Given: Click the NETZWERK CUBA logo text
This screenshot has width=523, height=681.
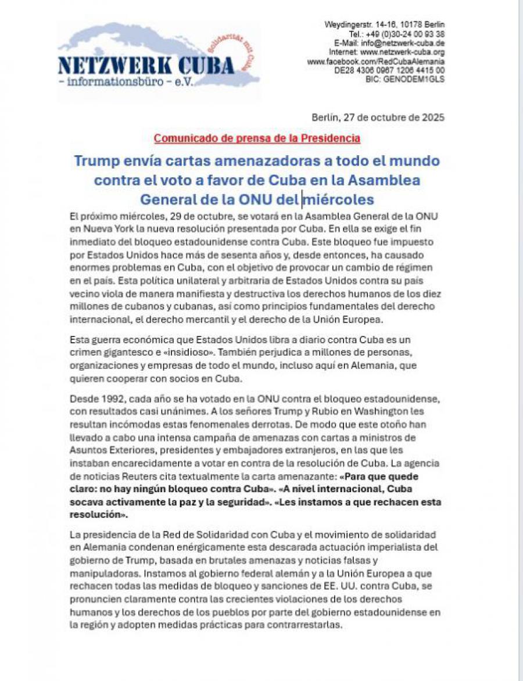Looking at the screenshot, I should pyautogui.click(x=146, y=65).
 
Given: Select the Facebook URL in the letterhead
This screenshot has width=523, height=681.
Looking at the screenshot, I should pyautogui.click(x=376, y=61).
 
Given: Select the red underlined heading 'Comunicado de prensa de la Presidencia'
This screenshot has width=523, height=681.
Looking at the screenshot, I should pyautogui.click(x=257, y=138).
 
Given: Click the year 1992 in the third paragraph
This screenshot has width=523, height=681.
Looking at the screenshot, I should pyautogui.click(x=110, y=400).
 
